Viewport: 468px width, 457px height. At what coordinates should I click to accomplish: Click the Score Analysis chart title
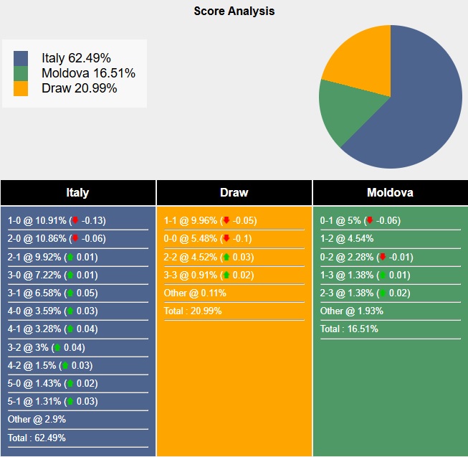pyautogui.click(x=234, y=11)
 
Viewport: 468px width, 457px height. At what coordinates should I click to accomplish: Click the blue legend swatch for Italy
pyautogui.click(x=21, y=58)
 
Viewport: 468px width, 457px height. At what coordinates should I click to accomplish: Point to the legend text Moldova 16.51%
pyautogui.click(x=88, y=73)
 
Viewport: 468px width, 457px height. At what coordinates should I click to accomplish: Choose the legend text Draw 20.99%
pyautogui.click(x=79, y=88)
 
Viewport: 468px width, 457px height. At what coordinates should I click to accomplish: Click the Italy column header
pyautogui.click(x=77, y=192)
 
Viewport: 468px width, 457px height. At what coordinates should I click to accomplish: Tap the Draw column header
pyautogui.click(x=234, y=192)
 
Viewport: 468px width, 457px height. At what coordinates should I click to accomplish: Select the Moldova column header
pyautogui.click(x=390, y=192)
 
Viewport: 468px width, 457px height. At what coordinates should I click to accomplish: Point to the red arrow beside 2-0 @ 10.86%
pyautogui.click(x=75, y=239)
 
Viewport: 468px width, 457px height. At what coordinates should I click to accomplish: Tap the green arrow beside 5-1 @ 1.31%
pyautogui.click(x=70, y=401)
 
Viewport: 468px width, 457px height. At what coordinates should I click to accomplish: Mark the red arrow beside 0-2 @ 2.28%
pyautogui.click(x=382, y=257)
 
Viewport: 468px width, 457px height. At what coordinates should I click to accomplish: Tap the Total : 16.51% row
pyautogui.click(x=349, y=329)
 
